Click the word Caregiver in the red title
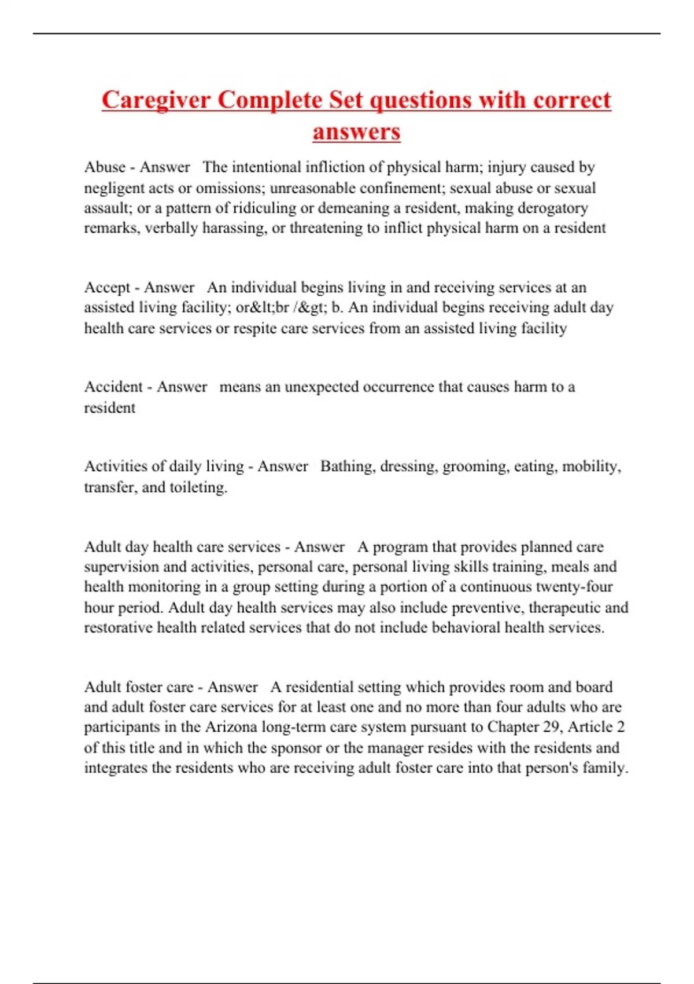156,101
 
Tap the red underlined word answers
356,131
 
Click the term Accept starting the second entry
107,288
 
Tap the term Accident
113,387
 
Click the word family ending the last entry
604,768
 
